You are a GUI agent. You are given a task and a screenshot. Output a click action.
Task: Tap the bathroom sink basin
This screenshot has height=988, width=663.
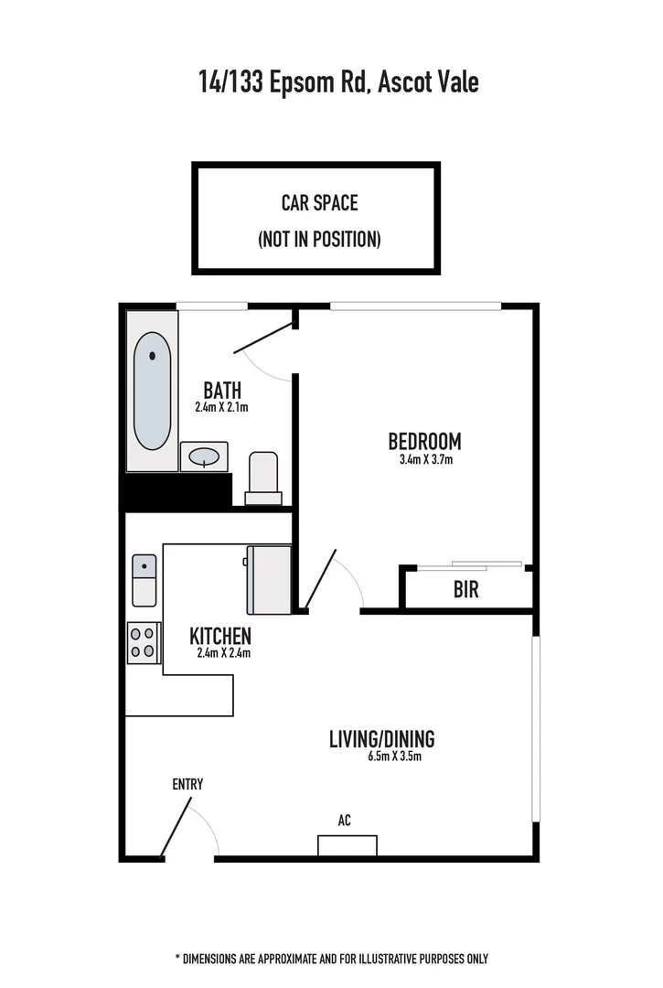coord(203,455)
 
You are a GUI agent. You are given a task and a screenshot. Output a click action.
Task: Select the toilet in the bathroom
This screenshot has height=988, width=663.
coord(263,477)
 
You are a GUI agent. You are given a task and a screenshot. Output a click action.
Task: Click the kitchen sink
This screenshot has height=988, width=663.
coord(144,580)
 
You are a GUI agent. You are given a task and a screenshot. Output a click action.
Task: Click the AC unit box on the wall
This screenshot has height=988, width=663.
coord(347,845)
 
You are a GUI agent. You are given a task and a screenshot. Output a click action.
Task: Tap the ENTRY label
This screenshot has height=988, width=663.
coord(187,784)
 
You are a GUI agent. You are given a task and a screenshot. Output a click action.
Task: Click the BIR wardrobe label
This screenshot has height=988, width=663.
coord(465,590)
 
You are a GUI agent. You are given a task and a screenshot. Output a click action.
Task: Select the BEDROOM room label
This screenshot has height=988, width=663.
coord(424,441)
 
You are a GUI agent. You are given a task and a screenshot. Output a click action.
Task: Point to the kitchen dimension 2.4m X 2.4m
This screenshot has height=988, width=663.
coord(223,653)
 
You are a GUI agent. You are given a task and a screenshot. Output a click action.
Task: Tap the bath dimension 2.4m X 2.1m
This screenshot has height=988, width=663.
coord(221,407)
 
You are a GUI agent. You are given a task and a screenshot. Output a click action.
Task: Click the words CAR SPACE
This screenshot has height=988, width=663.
coord(319,202)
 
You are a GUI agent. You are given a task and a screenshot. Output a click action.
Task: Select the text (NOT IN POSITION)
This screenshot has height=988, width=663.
coord(319,240)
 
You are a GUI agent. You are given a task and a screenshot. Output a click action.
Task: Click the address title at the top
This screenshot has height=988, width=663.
coord(338,82)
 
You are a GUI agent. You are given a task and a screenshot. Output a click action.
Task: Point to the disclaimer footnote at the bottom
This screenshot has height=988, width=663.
coord(331,959)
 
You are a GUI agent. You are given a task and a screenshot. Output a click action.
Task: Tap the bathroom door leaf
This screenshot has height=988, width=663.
coord(262,337)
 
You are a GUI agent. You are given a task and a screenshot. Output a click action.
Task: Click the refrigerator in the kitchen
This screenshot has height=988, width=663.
coord(269,579)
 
